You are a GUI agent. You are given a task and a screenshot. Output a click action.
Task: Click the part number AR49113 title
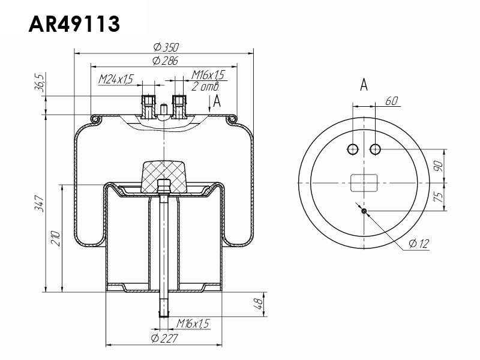coord(74,24)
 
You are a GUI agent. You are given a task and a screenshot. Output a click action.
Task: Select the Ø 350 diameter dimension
coord(166,47)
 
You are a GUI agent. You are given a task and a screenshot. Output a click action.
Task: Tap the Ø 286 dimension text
coord(165,61)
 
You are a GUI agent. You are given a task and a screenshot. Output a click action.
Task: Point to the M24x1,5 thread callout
coord(116,79)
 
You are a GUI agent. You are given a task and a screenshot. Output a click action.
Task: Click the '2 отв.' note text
coord(205,86)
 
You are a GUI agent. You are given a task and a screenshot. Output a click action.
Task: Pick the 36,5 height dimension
coord(40,83)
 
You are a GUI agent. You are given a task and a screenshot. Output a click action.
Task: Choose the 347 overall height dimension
coord(40,203)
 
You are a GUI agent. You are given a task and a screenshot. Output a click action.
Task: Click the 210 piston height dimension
coord(56,239)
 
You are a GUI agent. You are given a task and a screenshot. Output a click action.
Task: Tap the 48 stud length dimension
coord(259,304)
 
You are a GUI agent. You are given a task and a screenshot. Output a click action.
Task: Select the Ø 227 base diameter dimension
coord(164,338)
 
